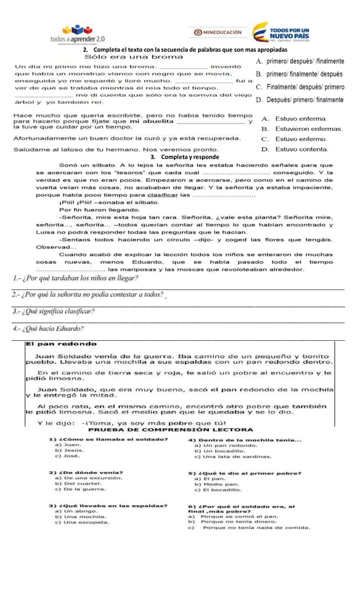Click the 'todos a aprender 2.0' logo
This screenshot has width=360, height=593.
point(77,33)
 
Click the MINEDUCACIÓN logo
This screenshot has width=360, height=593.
point(217,32)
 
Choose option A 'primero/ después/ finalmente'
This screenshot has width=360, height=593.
point(300,62)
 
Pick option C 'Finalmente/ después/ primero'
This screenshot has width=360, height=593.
point(300,87)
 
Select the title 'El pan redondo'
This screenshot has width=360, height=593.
point(62,344)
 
